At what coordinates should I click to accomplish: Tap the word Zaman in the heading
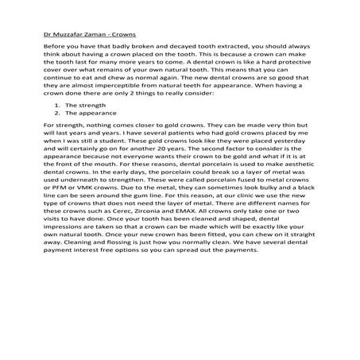click(x=98, y=35)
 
